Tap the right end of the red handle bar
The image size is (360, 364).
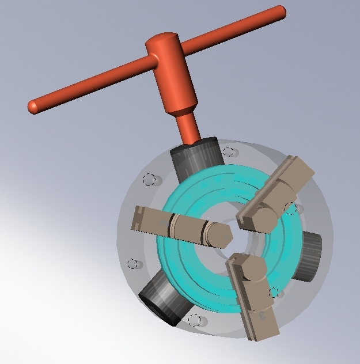[279, 12]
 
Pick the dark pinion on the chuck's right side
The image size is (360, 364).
[310, 256]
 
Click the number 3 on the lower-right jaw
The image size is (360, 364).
[263, 315]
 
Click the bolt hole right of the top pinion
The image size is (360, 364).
[229, 153]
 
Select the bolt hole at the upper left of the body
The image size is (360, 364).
[150, 180]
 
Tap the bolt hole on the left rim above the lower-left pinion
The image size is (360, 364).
[134, 264]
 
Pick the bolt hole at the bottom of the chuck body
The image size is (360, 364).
[195, 320]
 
